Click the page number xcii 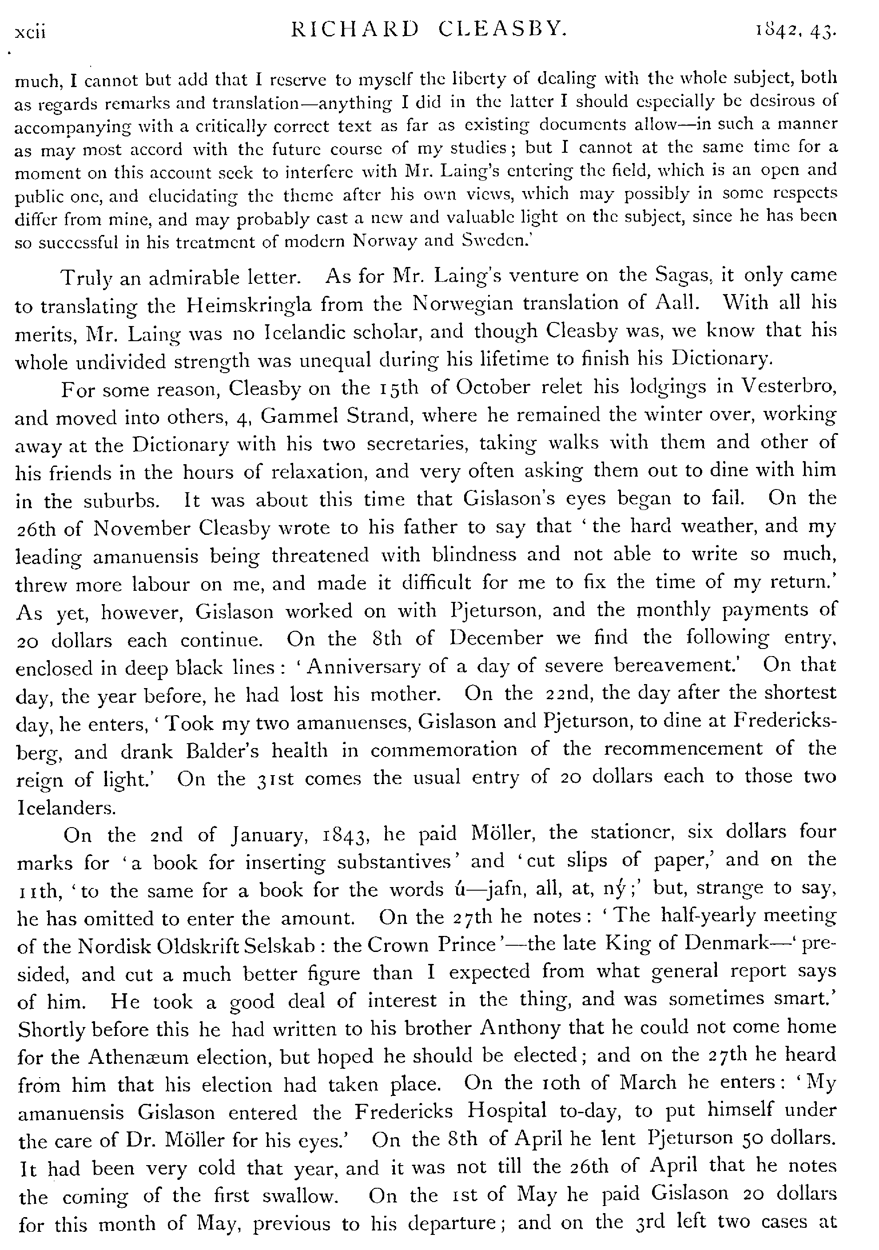(x=31, y=33)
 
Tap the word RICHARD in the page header (x=355, y=29)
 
